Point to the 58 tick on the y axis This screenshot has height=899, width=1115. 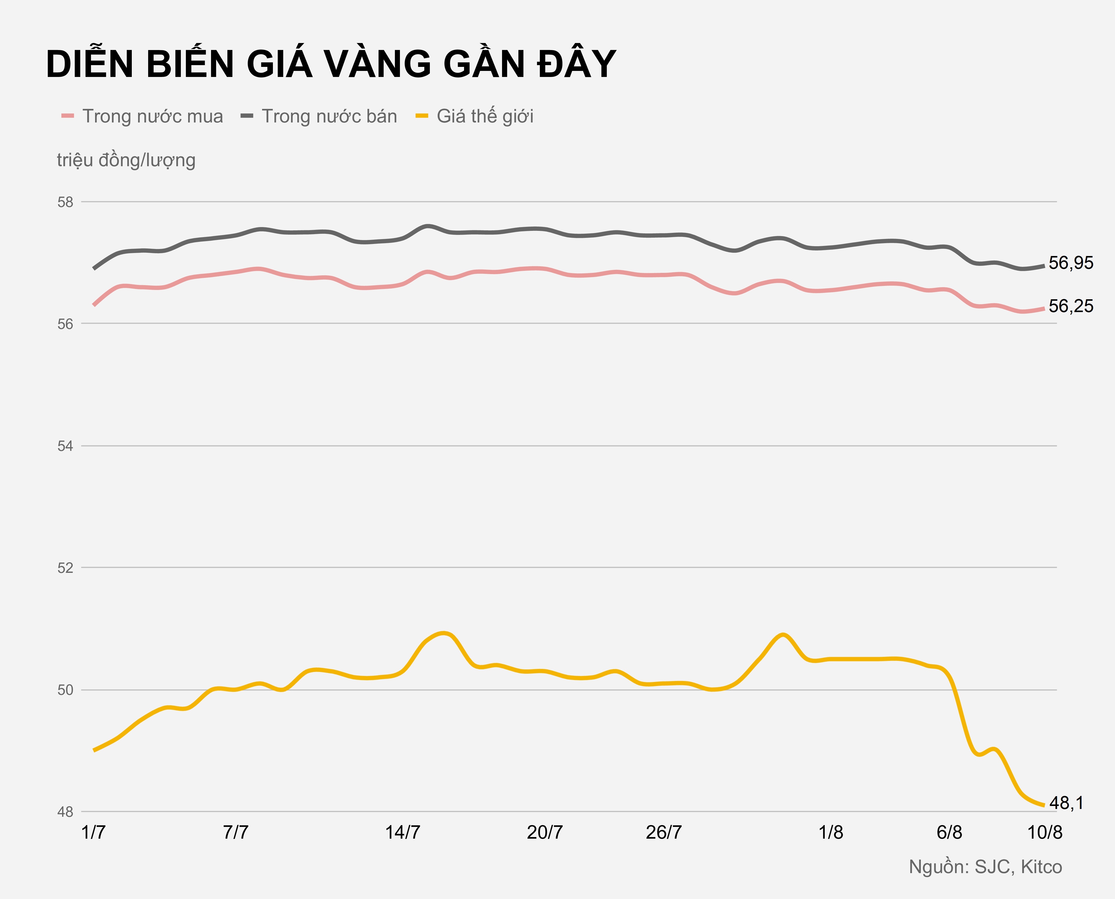coord(65,202)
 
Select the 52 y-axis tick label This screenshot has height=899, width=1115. coord(65,568)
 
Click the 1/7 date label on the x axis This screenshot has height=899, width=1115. coord(94,833)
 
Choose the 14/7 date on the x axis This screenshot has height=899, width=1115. coord(402,833)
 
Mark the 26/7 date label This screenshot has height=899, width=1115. coord(664,833)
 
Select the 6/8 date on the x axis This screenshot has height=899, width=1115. coord(949,833)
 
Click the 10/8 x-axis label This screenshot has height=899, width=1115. coord(1045,833)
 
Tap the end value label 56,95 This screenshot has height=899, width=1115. coord(1071,263)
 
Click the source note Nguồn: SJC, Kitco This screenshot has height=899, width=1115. coord(985,867)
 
